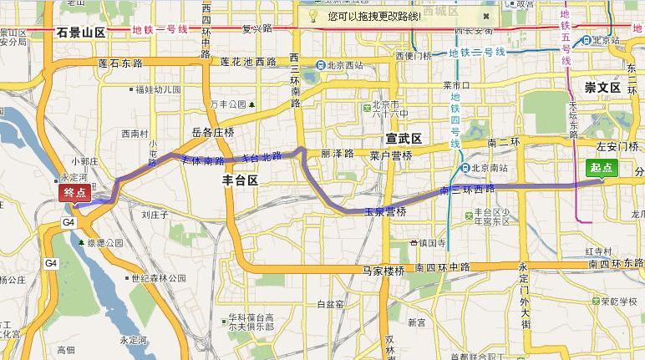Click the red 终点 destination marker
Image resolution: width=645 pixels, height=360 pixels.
pyautogui.click(x=74, y=192)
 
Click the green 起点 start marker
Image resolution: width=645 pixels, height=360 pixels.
pyautogui.click(x=602, y=168)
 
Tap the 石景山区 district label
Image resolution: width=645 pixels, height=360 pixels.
pyautogui.click(x=81, y=33)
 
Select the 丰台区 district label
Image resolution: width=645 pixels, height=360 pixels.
pyautogui.click(x=241, y=180)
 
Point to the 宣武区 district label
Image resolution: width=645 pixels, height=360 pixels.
pyautogui.click(x=404, y=137)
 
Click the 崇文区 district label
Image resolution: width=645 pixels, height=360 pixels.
pyautogui.click(x=602, y=87)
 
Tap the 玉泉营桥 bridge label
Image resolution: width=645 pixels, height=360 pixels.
pyautogui.click(x=384, y=213)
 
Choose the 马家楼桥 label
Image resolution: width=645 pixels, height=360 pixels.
pyautogui.click(x=383, y=271)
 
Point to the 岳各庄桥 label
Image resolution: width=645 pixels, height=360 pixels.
pyautogui.click(x=213, y=133)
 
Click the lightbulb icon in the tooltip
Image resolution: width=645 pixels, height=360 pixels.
pyautogui.click(x=312, y=15)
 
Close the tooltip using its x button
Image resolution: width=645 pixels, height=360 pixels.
pyautogui.click(x=484, y=15)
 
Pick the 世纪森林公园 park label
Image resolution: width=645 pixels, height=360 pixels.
pyautogui.click(x=158, y=278)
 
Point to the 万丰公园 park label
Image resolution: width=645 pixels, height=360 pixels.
pyautogui.click(x=228, y=104)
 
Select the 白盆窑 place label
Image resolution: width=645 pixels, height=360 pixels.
pyautogui.click(x=331, y=304)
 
